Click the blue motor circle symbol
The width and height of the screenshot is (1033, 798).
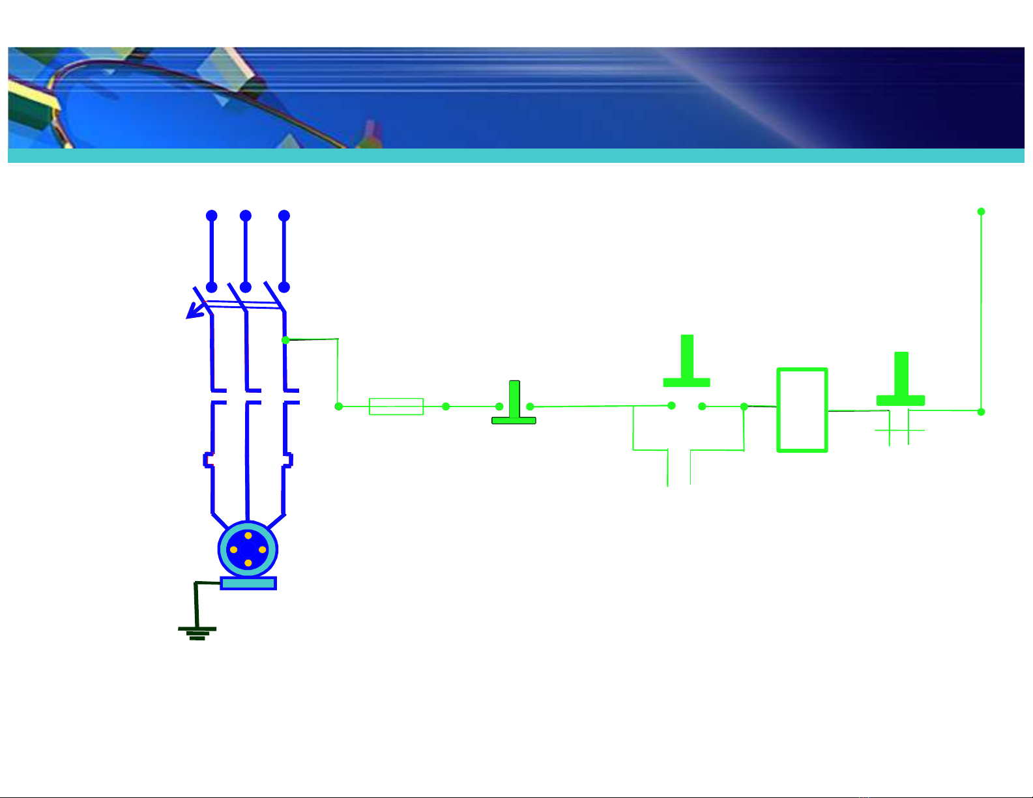coord(248,549)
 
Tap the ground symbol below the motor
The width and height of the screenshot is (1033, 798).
coord(197,632)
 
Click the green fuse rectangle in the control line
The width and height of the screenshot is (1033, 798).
coord(396,406)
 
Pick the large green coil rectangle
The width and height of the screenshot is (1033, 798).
coord(802,410)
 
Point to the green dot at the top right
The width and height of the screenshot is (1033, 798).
coord(981,212)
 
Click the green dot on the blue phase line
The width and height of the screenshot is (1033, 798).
coord(285,340)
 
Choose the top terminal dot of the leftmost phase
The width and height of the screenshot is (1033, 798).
coord(211,216)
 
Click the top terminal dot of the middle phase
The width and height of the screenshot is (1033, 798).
coord(246,216)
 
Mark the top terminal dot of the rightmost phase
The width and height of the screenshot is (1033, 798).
coord(284,216)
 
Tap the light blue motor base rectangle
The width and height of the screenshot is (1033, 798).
coord(248,583)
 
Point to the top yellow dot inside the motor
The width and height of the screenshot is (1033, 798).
coord(248,535)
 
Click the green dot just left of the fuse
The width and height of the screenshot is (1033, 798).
coord(339,406)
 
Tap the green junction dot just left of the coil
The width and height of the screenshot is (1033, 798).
coord(744,406)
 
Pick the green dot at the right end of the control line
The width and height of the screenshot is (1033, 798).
coord(981,412)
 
